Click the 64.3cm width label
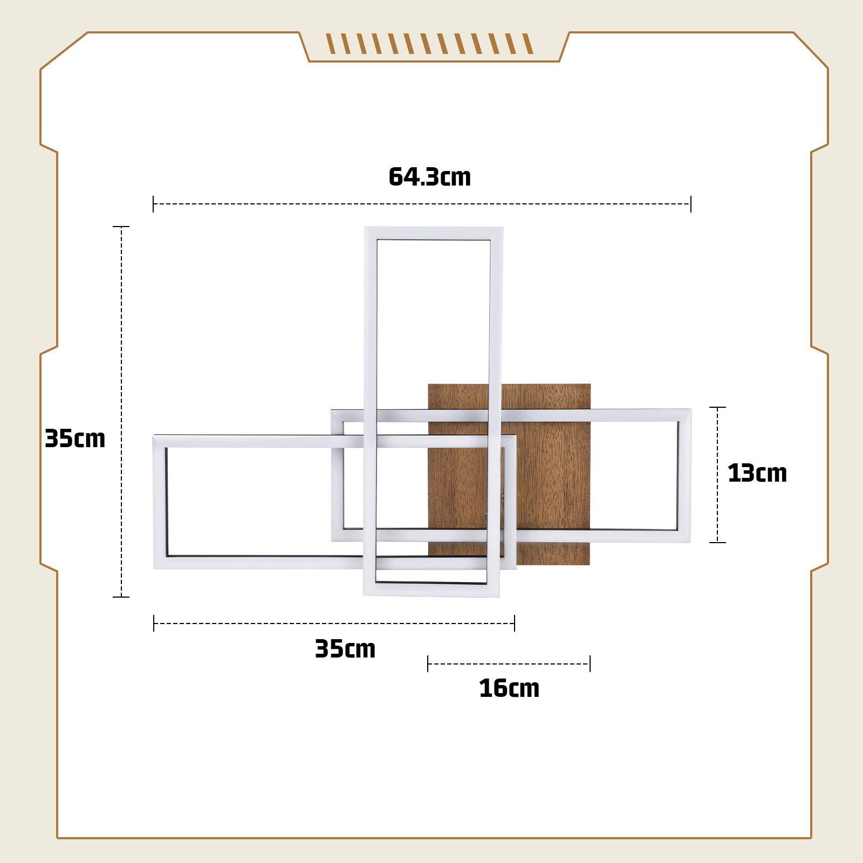(x=429, y=177)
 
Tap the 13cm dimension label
(x=757, y=473)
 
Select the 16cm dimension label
(x=509, y=689)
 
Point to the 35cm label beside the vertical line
(x=74, y=439)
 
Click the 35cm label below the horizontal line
(x=345, y=648)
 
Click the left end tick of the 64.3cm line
(x=154, y=204)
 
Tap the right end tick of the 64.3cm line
(x=690, y=204)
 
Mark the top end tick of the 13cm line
(x=717, y=407)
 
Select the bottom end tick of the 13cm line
(x=717, y=542)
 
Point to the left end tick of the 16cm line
(x=428, y=663)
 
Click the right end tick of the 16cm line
(x=590, y=663)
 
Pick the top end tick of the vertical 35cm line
(x=121, y=227)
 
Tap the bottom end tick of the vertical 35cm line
(x=121, y=597)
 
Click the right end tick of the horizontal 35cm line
(x=515, y=623)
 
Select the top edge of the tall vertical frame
(x=434, y=234)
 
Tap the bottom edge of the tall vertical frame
(x=432, y=590)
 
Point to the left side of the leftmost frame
(x=160, y=502)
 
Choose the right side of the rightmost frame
(x=684, y=475)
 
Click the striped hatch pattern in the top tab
(x=429, y=44)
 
